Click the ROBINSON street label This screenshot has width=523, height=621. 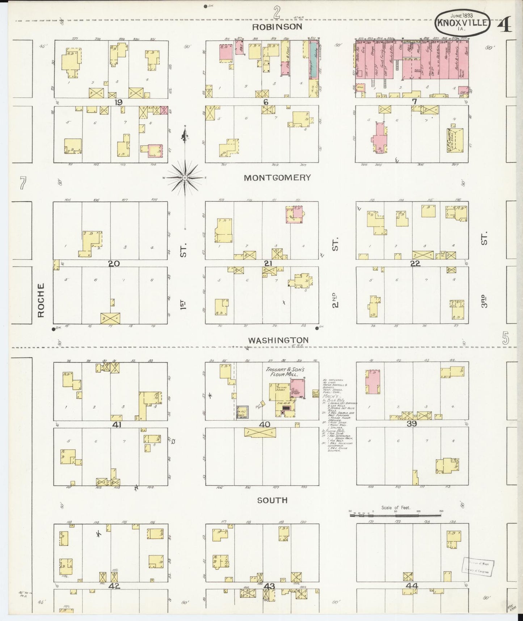pos(277,27)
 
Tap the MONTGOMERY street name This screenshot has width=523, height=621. pos(277,178)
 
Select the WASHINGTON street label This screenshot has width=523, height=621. pos(278,340)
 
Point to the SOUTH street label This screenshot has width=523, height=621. pos(272,500)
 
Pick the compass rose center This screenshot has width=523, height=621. pos(185,178)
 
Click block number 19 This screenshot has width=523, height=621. pos(118,103)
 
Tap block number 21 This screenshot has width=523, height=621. pos(268,263)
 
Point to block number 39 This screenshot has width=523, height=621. pos(412,424)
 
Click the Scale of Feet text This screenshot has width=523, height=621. pos(395,508)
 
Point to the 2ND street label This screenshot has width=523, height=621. pos(335,300)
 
